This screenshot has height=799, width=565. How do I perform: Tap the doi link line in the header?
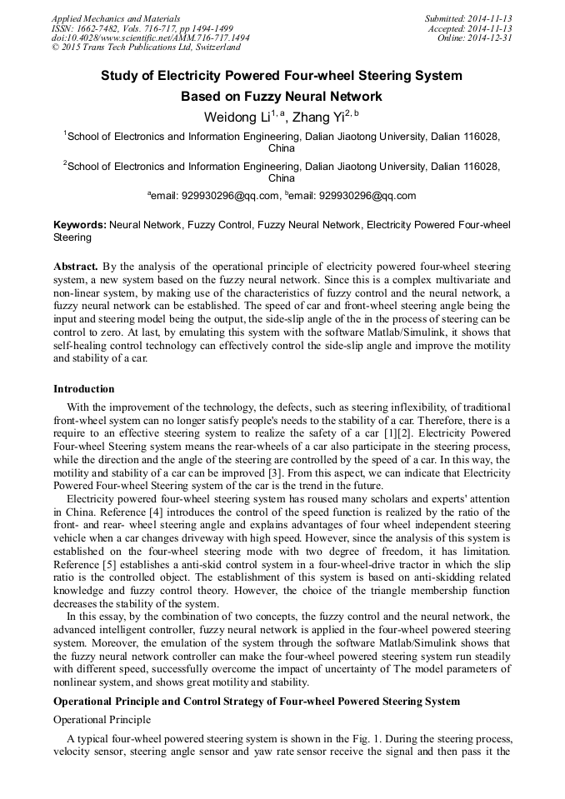pyautogui.click(x=150, y=37)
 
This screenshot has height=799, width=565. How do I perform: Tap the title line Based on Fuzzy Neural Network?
pyautogui.click(x=282, y=97)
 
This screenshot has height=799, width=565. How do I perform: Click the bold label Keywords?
pyautogui.click(x=80, y=225)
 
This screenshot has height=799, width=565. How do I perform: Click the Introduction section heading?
pyautogui.click(x=84, y=388)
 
